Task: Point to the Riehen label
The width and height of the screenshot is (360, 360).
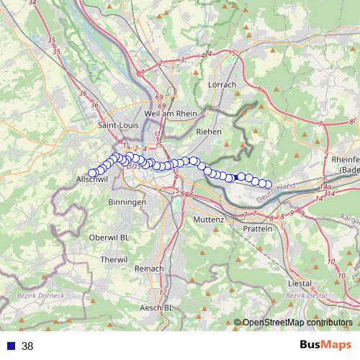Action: point(208,132)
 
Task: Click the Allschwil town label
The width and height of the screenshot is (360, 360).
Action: point(91,180)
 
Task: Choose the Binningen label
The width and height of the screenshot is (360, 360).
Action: point(129,203)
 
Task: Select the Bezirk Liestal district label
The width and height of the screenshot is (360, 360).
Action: point(306,295)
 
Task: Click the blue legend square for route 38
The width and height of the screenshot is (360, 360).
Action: point(11,346)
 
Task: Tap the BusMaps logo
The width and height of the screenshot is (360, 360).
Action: point(321,346)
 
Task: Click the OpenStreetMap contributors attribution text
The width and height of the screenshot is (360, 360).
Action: point(297,323)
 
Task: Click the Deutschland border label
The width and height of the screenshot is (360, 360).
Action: point(276,192)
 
